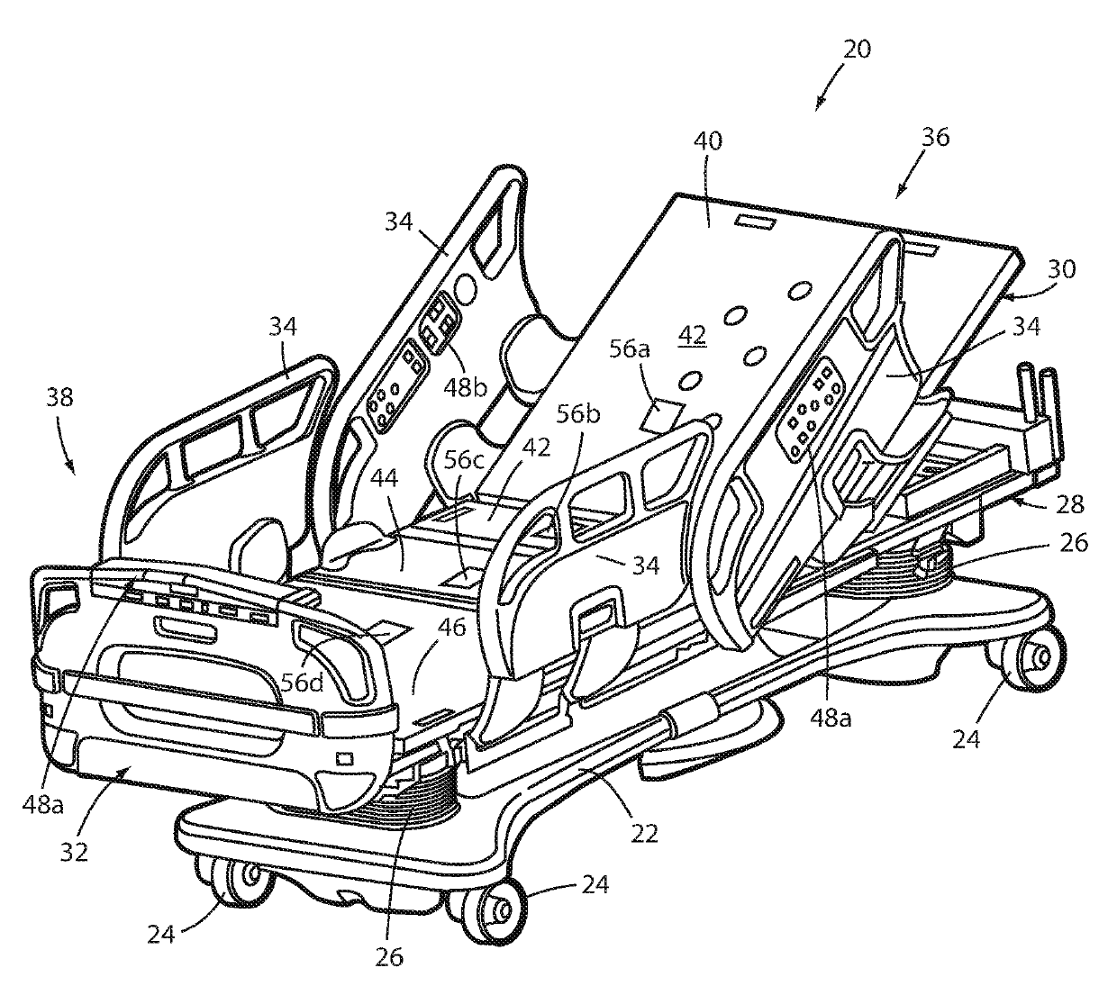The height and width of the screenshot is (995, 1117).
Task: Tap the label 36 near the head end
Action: tap(935, 138)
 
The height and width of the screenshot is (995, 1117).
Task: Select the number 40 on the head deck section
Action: tap(707, 141)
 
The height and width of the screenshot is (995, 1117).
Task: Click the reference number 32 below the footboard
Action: tap(74, 851)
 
